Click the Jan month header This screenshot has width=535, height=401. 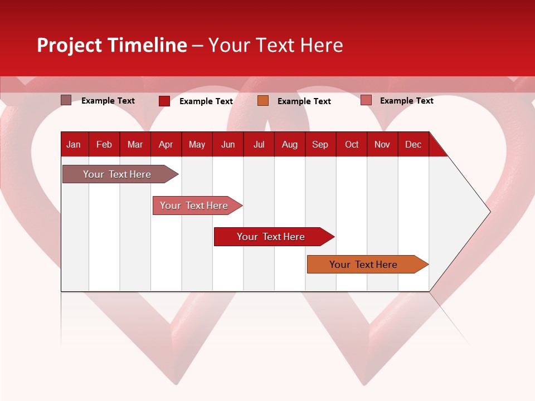[74, 144]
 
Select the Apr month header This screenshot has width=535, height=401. [166, 144]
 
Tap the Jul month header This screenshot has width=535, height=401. [259, 144]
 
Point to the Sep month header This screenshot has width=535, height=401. [320, 144]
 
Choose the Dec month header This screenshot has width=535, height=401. [413, 144]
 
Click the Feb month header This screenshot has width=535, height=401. [104, 144]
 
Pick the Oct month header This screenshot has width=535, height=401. [352, 144]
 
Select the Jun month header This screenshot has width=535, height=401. [228, 144]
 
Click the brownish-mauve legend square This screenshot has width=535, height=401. [66, 100]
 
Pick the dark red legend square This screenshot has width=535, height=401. [164, 101]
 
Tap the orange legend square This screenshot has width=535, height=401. [263, 101]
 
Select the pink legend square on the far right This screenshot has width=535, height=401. [366, 100]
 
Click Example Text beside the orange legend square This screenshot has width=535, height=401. [304, 101]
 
